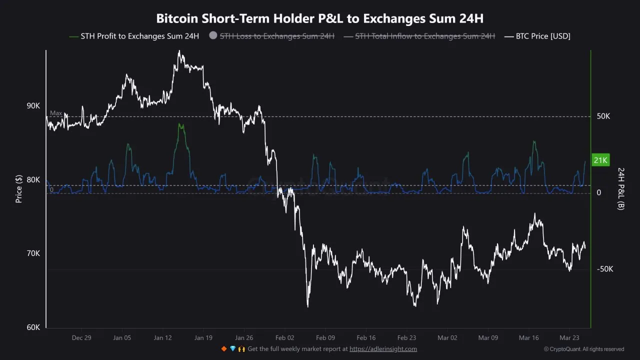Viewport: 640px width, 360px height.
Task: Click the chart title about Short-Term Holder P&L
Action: coord(320,18)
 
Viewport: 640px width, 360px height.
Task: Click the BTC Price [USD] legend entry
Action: coord(543,36)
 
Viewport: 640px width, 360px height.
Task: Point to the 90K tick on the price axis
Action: coord(33,106)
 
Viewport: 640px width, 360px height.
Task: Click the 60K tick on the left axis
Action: coord(33,327)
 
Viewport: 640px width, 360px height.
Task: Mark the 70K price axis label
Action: coord(33,253)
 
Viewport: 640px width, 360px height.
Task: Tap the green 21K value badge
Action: coord(600,160)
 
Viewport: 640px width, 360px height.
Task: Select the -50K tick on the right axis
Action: coord(604,269)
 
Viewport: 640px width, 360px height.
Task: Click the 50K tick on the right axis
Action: coord(603,116)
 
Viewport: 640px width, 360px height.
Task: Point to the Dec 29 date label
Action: coord(81,338)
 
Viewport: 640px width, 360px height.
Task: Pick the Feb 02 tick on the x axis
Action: coord(285,338)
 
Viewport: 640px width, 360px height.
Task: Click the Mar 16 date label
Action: coord(528,338)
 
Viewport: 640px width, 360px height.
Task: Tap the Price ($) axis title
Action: coord(19,188)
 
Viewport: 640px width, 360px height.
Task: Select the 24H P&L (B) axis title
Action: coord(621,188)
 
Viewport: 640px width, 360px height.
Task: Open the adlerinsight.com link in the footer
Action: coord(383,349)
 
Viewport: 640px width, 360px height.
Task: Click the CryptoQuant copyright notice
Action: coord(584,349)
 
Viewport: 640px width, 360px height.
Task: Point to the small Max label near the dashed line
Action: coord(56,113)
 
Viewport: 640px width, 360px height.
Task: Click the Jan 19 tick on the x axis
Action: coord(203,338)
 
